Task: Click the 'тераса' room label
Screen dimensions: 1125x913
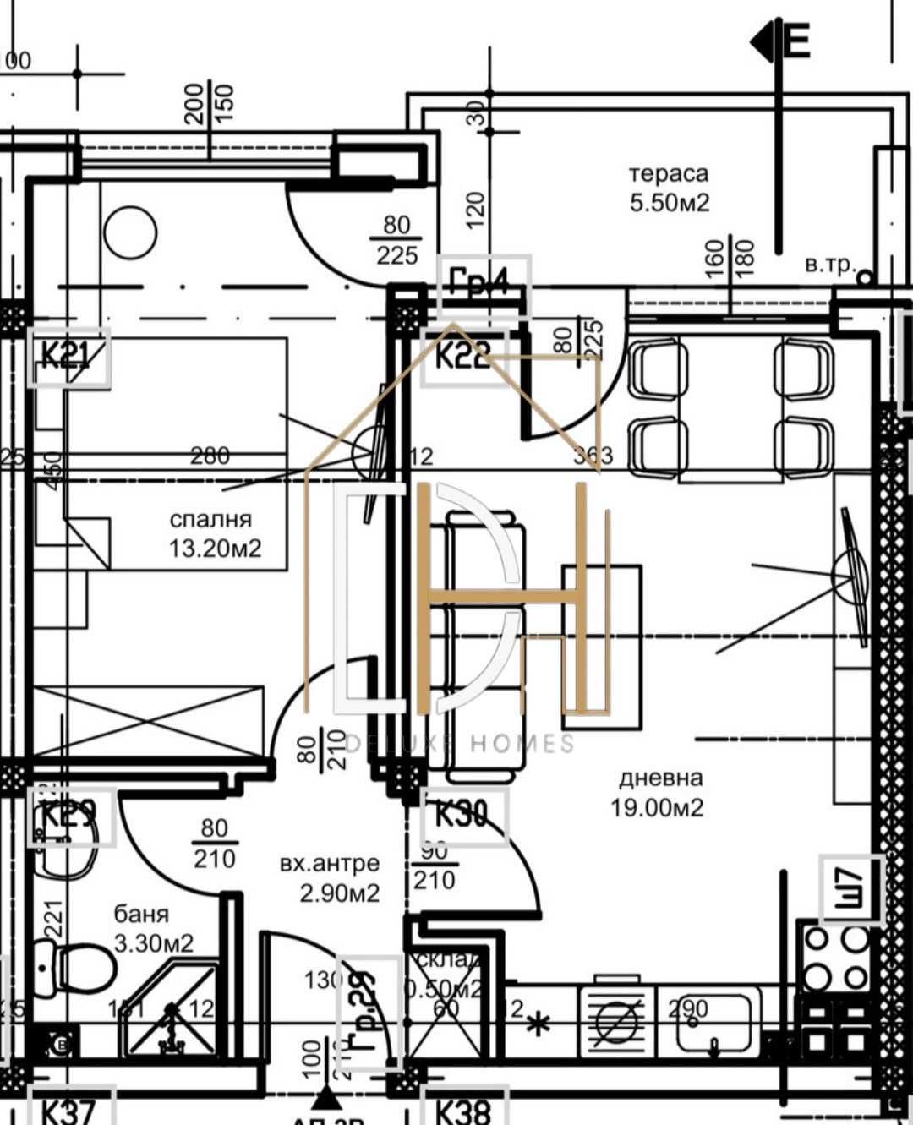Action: click(668, 174)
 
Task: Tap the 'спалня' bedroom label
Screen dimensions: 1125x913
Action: click(210, 520)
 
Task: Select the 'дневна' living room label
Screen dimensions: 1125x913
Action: click(660, 778)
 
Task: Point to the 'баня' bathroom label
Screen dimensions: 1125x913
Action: click(141, 914)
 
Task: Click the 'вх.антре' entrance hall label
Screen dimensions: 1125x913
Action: click(329, 864)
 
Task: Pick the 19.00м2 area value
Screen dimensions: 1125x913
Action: click(657, 807)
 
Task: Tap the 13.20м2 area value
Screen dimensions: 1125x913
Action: click(215, 549)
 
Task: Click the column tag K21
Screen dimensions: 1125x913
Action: click(68, 357)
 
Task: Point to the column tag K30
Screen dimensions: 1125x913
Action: click(463, 816)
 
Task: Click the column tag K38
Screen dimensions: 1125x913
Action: click(463, 1110)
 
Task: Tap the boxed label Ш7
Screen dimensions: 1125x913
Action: click(851, 889)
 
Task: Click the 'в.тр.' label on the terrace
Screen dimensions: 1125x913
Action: click(829, 265)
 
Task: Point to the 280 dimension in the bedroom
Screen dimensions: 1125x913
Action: click(209, 456)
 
